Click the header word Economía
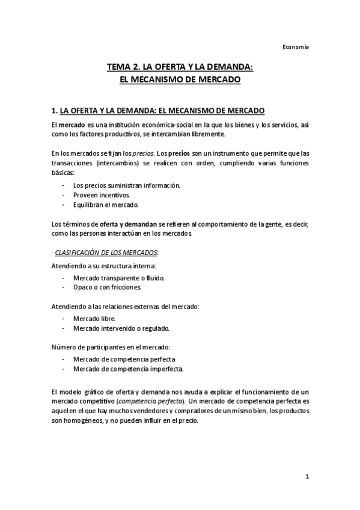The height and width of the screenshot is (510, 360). click(x=296, y=47)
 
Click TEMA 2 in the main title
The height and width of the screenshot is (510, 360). click(x=124, y=68)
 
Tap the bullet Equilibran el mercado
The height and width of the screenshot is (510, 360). click(x=105, y=205)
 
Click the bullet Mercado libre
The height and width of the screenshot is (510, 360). click(x=93, y=319)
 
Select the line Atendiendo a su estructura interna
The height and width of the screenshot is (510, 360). click(x=105, y=265)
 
